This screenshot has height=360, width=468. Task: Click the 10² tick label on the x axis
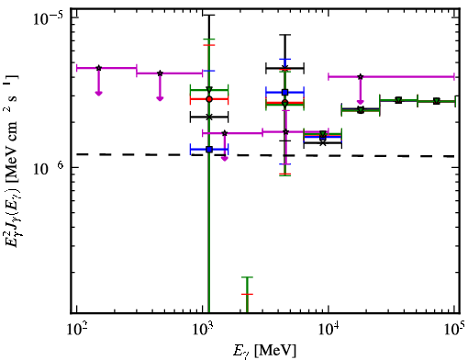[77, 328]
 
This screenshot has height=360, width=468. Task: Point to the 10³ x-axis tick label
[203, 328]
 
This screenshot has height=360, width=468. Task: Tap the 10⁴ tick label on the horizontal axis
[329, 328]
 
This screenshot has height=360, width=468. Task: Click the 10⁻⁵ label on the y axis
[49, 18]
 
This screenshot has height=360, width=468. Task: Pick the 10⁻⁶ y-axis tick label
[49, 167]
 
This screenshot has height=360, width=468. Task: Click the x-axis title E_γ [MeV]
[264, 351]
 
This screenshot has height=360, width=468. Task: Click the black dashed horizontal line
[265, 155]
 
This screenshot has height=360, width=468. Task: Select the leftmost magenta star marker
[98, 68]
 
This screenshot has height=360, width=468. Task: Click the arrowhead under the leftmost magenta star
[98, 93]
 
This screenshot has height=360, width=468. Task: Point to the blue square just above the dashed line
[209, 150]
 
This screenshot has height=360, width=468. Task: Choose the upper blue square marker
[285, 92]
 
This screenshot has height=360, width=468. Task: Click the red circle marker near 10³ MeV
[209, 99]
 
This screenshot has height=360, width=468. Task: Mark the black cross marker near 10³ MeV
[209, 117]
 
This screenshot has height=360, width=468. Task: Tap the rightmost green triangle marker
[437, 101]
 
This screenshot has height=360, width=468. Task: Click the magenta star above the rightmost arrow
[361, 76]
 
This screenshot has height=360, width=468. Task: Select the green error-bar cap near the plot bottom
[247, 277]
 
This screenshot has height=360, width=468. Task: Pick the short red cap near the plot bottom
[247, 294]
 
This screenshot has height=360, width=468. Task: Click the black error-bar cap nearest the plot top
[209, 15]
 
